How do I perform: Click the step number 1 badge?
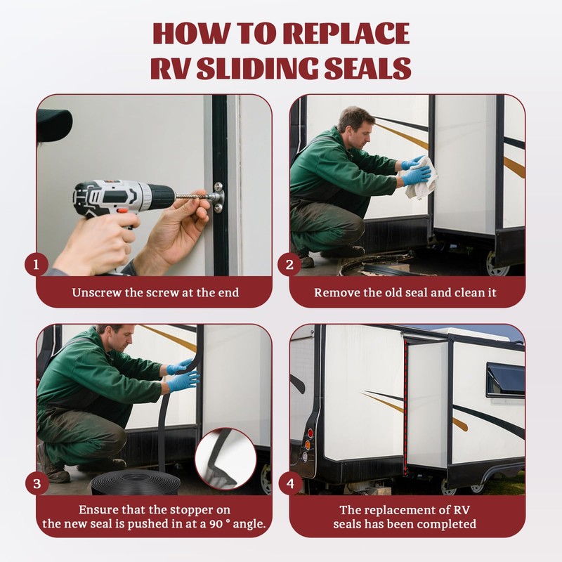37,265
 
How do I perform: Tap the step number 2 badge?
289,265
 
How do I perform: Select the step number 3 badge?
37,484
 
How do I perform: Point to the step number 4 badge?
290,484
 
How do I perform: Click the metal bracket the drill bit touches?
218,197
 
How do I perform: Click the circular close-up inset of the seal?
226,459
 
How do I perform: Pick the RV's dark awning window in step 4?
505,380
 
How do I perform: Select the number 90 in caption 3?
216,524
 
